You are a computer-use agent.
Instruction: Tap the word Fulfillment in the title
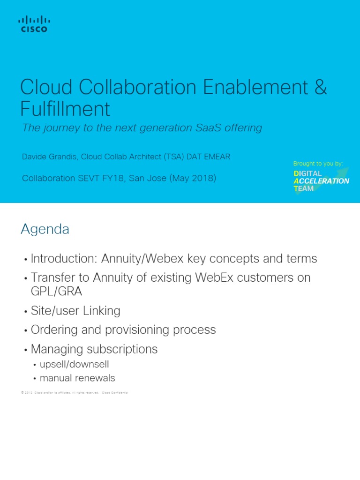click(65, 109)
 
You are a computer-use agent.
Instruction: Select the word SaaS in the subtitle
click(210, 128)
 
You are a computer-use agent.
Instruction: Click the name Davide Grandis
click(50, 157)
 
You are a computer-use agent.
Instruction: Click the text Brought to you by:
click(318, 164)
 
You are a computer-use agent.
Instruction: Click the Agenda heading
click(45, 229)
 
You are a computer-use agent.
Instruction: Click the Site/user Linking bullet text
click(75, 311)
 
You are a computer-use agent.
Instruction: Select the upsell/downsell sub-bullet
click(74, 364)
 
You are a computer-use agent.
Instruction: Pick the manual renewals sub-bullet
click(77, 378)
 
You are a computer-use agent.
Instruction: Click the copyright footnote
click(75, 392)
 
